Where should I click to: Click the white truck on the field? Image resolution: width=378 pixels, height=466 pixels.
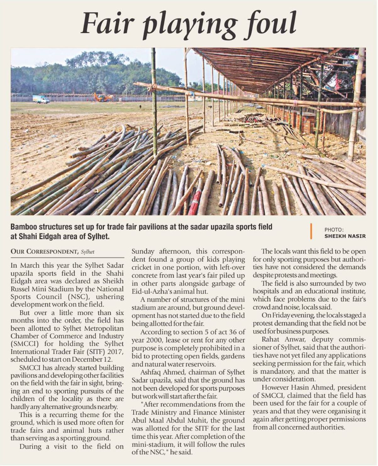pos(41,99)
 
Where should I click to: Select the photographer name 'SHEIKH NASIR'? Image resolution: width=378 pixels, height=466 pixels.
pos(345,236)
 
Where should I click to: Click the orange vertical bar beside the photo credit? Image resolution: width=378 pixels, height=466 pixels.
pos(311,231)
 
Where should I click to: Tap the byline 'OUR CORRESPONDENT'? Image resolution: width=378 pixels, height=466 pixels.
pos(44,252)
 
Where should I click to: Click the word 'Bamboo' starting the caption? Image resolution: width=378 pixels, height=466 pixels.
pos(25,227)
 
